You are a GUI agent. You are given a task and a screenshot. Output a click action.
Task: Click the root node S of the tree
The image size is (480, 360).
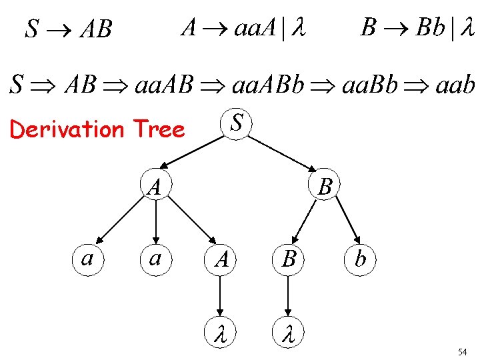236,123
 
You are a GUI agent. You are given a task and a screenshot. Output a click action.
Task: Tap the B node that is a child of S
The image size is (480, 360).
325,186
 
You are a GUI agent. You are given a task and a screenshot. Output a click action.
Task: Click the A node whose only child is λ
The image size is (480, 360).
222,259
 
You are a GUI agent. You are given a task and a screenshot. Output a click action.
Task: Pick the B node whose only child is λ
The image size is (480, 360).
289,259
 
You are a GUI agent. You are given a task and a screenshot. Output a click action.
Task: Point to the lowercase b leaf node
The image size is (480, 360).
361,259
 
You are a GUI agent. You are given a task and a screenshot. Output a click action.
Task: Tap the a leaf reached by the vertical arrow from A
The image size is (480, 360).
155,257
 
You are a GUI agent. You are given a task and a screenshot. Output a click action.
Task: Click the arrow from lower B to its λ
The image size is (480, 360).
289,294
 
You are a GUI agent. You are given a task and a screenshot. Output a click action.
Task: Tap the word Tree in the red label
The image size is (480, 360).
159,129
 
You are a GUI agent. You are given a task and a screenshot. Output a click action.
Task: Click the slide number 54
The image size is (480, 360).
462,351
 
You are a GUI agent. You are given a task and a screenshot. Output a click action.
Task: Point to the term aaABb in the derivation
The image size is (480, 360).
267,85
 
